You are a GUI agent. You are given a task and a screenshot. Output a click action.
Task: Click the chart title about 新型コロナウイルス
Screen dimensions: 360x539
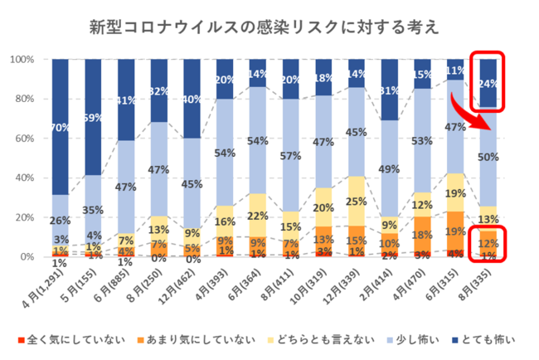[x=265, y=28]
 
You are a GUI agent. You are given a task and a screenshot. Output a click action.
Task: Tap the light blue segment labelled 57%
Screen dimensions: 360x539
[x=289, y=155]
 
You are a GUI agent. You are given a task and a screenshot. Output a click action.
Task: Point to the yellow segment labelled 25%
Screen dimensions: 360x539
[x=356, y=201]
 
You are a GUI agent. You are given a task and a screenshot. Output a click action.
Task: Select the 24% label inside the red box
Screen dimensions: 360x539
[x=488, y=83]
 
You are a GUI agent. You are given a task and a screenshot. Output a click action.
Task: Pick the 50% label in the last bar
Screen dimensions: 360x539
[x=488, y=157]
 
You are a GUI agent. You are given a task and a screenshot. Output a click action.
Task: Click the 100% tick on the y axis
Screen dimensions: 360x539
[x=21, y=60]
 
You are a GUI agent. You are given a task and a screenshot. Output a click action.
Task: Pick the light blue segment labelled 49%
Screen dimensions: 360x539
[x=389, y=169]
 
